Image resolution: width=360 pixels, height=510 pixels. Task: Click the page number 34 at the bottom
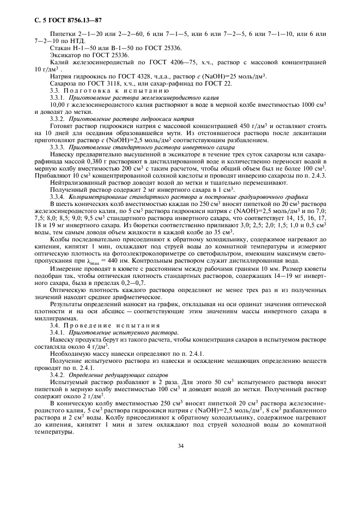pyautogui.click(x=180, y=446)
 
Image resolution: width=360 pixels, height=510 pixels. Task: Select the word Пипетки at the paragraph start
pyautogui.click(x=61, y=34)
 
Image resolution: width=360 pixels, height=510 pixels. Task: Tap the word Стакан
pyautogui.click(x=59, y=48)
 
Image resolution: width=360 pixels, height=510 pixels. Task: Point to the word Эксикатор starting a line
pyautogui.click(x=64, y=56)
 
